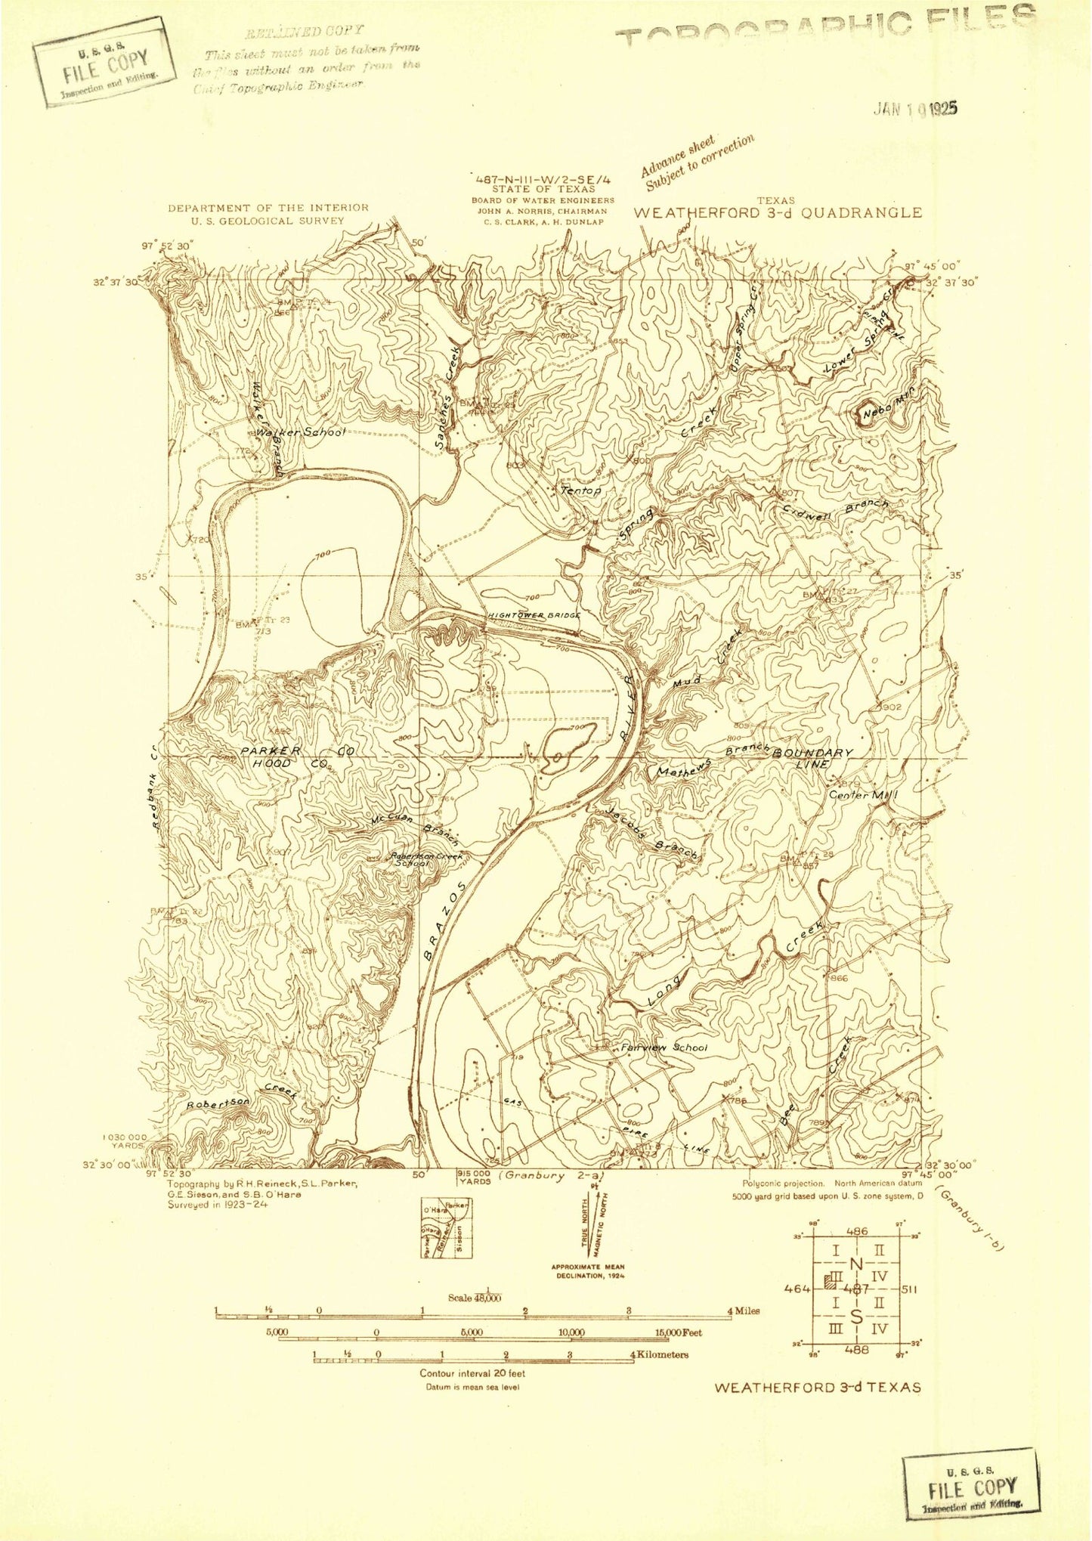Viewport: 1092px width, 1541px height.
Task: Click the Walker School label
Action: [x=301, y=432]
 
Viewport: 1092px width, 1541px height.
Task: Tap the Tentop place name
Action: [x=581, y=490]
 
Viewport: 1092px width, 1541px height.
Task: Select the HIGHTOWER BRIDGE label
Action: [x=534, y=615]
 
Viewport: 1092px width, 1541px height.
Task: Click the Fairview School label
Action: [x=664, y=1048]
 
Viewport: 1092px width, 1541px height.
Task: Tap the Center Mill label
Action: [x=863, y=795]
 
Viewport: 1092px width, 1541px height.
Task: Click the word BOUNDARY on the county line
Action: [x=812, y=753]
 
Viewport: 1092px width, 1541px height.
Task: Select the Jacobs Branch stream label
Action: [x=651, y=832]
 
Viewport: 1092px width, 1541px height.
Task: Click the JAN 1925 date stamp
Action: [x=915, y=109]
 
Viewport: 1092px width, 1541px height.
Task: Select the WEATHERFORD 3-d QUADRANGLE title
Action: [x=778, y=212]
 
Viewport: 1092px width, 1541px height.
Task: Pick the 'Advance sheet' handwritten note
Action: [x=677, y=156]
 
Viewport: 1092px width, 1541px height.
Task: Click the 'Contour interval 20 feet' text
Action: [x=472, y=1373]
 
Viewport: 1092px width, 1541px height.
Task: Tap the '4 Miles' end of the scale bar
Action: [x=742, y=1311]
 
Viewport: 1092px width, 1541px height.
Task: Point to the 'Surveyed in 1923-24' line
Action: [x=218, y=1205]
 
